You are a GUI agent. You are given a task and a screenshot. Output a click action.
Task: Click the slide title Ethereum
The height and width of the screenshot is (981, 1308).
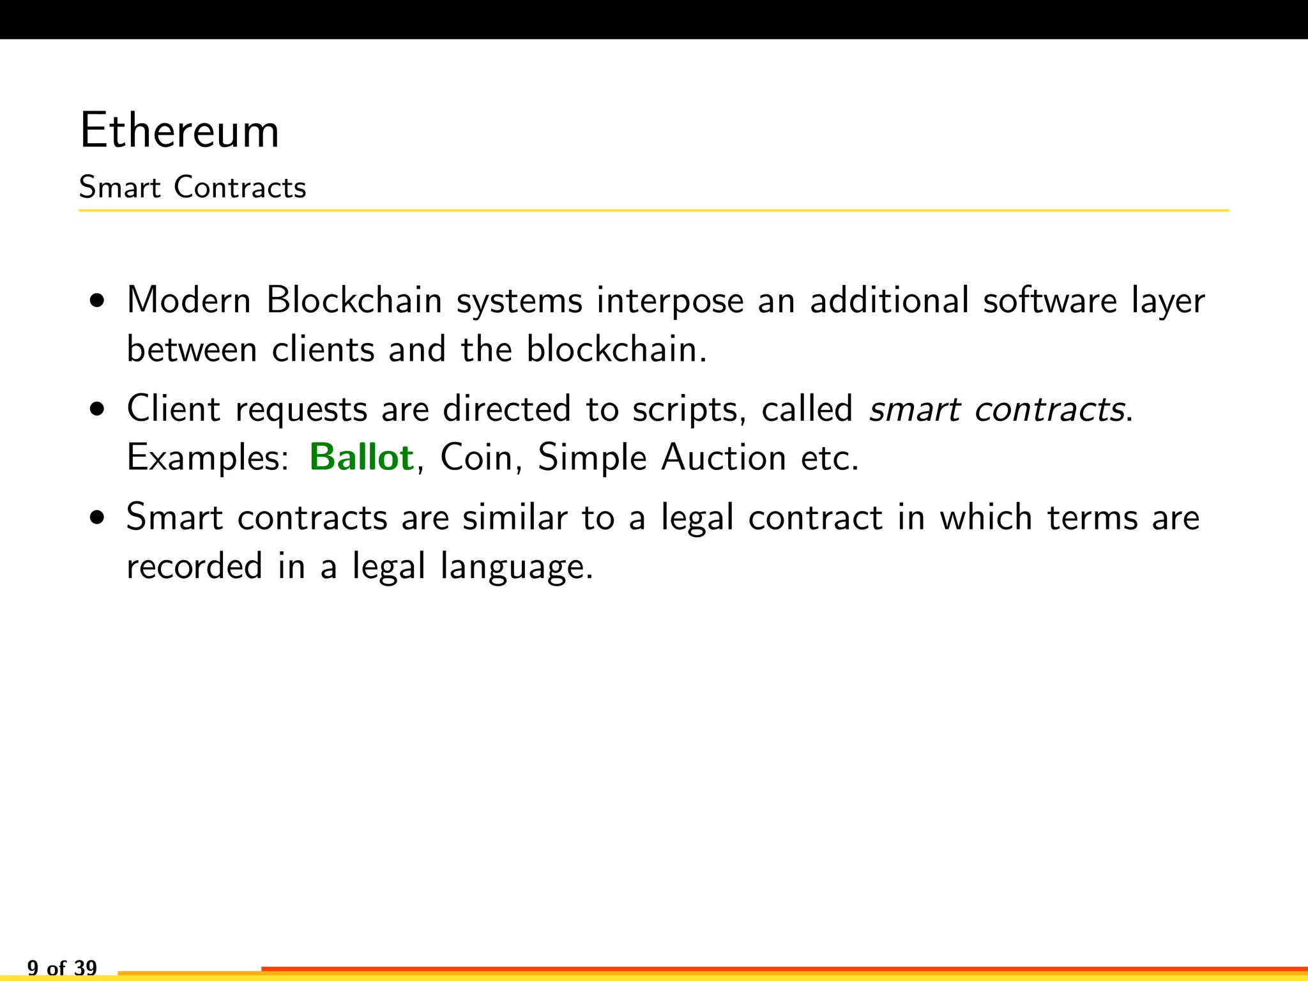click(179, 131)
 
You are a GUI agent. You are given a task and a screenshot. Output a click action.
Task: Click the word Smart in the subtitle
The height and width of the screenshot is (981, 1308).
click(119, 188)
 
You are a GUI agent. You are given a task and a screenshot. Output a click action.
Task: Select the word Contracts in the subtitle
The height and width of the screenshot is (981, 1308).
click(240, 188)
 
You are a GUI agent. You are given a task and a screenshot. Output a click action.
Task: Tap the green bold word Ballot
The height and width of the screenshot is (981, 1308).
click(361, 457)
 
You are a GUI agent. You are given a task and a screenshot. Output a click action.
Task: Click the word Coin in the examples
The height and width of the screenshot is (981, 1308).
click(476, 458)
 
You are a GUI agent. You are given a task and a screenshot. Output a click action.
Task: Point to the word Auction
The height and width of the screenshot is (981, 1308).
click(723, 458)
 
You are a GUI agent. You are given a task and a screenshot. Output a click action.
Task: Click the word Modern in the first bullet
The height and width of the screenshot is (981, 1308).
click(189, 300)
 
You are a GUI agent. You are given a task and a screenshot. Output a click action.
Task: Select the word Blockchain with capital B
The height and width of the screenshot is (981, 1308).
click(354, 300)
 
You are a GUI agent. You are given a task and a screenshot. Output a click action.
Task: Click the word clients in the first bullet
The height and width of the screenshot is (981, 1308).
click(323, 349)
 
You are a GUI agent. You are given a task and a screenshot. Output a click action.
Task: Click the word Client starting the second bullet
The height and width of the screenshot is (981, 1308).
click(173, 409)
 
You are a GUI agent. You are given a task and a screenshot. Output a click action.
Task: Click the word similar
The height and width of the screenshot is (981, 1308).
click(515, 517)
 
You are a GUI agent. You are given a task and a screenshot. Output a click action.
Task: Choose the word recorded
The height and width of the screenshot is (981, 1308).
click(195, 567)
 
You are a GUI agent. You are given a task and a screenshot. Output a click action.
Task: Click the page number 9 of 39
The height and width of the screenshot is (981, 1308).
click(62, 968)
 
